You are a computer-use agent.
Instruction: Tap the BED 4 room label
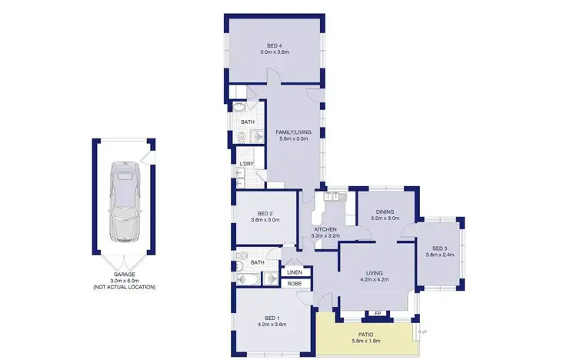click(273, 45)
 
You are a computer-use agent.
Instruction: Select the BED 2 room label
click(266, 213)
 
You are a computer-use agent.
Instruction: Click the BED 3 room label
click(439, 248)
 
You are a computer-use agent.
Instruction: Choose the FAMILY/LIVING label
click(292, 132)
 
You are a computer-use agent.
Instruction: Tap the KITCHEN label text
click(326, 228)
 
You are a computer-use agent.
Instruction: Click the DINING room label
click(385, 213)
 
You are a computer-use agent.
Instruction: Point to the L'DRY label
click(247, 164)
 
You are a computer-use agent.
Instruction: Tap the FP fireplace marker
click(377, 313)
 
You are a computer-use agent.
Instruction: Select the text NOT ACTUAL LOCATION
click(124, 287)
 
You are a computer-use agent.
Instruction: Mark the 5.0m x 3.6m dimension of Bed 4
click(273, 52)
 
